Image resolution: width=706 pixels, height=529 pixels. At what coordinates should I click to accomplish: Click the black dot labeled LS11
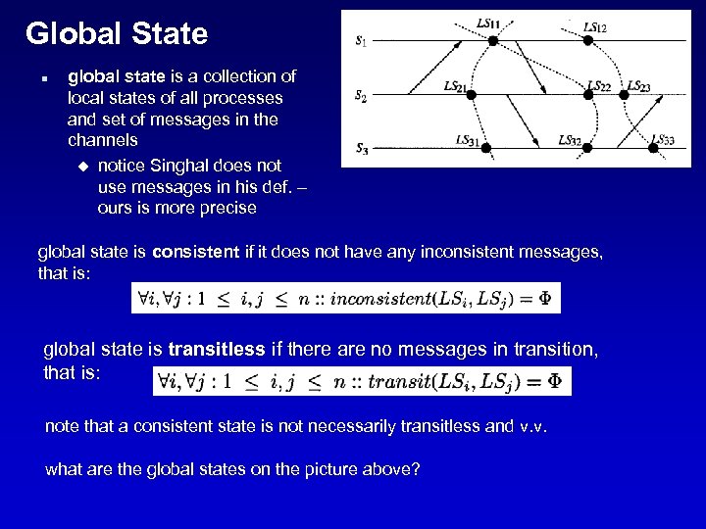click(x=493, y=40)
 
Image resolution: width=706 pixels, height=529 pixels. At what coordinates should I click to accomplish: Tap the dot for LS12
click(x=588, y=40)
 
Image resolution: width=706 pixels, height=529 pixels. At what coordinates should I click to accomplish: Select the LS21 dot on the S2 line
click(x=471, y=95)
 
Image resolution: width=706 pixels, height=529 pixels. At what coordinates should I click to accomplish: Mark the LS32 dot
click(x=588, y=149)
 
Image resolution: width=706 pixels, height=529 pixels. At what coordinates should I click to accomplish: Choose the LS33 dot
click(x=654, y=149)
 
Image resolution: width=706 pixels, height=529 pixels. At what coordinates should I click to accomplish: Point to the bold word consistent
click(x=195, y=253)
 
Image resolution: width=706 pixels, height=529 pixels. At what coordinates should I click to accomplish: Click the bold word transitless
click(x=217, y=348)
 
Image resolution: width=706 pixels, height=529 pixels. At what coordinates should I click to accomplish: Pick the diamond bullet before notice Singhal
click(x=81, y=166)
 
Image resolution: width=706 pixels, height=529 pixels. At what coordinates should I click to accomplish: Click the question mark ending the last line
click(x=416, y=470)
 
